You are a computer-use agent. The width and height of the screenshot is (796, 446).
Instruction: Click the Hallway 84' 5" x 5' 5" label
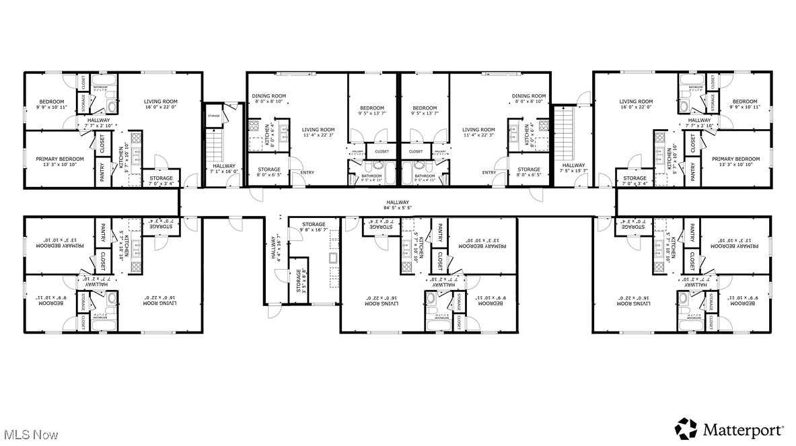(398, 205)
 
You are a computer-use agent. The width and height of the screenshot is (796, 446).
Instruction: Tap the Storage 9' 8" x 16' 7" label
(314, 227)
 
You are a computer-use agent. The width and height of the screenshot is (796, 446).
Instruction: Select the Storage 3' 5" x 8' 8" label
(297, 281)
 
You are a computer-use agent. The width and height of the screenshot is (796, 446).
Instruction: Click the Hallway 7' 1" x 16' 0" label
(224, 169)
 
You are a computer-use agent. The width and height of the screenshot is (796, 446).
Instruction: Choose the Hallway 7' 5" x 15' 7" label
(573, 168)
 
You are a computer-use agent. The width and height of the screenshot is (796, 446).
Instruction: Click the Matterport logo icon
(686, 429)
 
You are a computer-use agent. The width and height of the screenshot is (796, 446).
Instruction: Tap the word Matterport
(744, 429)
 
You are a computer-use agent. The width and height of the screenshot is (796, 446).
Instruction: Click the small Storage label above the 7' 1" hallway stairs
(214, 116)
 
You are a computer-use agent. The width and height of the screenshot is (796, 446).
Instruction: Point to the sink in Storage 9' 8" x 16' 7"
(333, 258)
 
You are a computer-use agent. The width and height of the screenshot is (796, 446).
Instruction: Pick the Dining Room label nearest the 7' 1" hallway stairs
(269, 99)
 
